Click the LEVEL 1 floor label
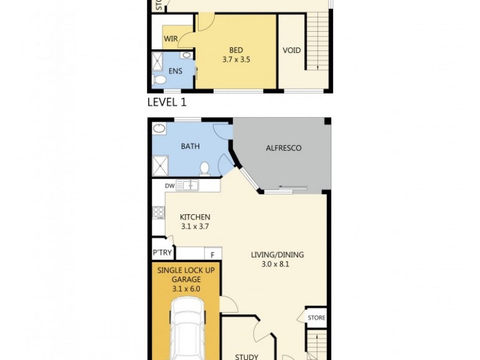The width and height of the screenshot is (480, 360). (x=167, y=102)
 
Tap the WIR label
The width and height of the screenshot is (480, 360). (x=171, y=39)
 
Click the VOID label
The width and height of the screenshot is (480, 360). (x=292, y=50)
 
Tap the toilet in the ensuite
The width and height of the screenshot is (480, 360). (x=160, y=80)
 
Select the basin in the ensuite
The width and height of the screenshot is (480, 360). (x=187, y=56)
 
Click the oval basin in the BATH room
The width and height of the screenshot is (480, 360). (x=160, y=128)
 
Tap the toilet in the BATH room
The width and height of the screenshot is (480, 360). (x=204, y=169)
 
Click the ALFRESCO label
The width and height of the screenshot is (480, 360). (x=283, y=148)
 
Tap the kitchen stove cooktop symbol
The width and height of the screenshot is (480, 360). (x=158, y=212)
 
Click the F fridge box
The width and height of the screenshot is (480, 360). (x=212, y=254)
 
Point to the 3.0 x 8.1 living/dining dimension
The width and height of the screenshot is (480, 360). (x=277, y=264)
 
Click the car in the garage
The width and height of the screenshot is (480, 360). (x=188, y=330)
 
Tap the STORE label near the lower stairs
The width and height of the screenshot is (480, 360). (x=316, y=317)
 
